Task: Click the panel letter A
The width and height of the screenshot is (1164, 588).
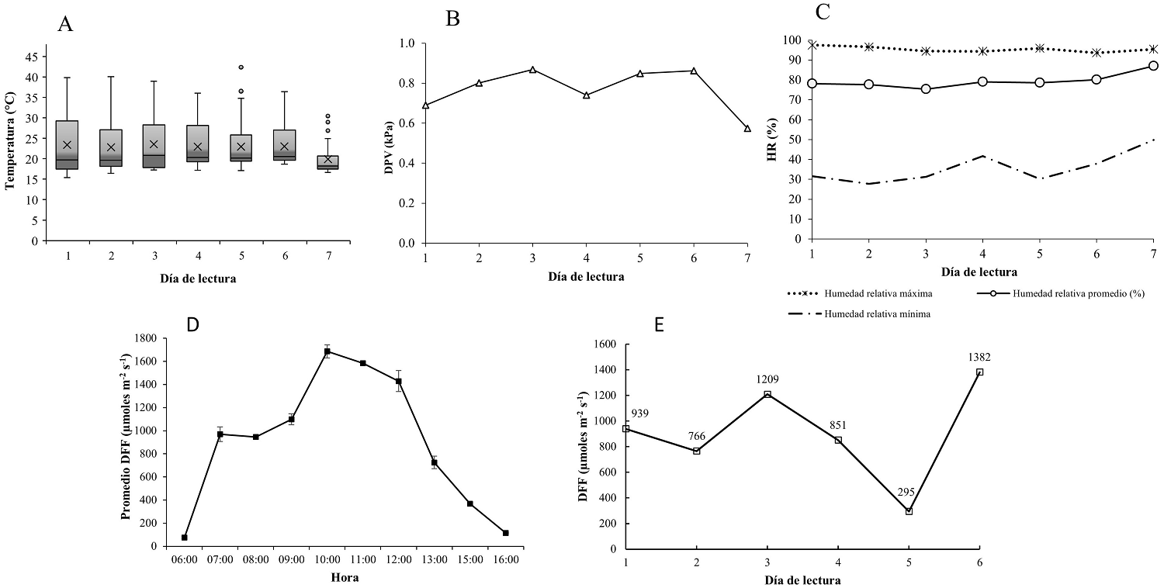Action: pyautogui.click(x=65, y=24)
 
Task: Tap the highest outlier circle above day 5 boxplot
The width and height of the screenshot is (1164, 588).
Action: pyautogui.click(x=241, y=67)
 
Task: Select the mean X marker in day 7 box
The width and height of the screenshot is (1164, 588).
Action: pyautogui.click(x=327, y=160)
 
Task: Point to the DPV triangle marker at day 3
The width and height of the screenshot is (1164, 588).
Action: pyautogui.click(x=532, y=70)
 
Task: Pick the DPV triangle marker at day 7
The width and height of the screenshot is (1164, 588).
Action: pyautogui.click(x=747, y=129)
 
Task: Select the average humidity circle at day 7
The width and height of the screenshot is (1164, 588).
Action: pyautogui.click(x=1153, y=66)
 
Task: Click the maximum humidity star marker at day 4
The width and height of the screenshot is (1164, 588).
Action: pyautogui.click(x=983, y=51)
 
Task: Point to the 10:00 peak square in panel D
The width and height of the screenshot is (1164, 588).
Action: pyautogui.click(x=327, y=351)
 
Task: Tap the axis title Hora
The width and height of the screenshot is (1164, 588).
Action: pyautogui.click(x=345, y=577)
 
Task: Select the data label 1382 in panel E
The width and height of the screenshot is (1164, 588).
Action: pyautogui.click(x=979, y=358)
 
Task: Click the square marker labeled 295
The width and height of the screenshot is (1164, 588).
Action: pyautogui.click(x=909, y=511)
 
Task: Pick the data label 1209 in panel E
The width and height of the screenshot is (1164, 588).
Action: pyautogui.click(x=767, y=380)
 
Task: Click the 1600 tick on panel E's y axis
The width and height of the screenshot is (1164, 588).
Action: pyautogui.click(x=603, y=344)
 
